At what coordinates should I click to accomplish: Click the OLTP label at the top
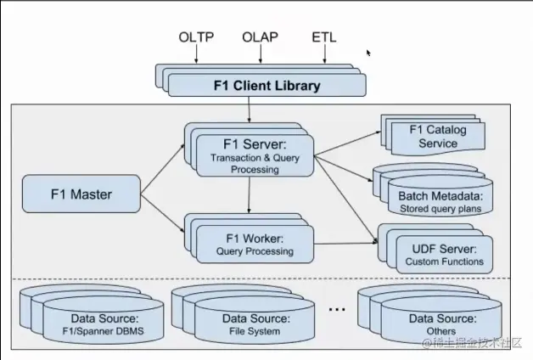(196, 37)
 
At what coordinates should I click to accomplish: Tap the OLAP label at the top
(260, 37)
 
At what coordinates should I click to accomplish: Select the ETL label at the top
(323, 37)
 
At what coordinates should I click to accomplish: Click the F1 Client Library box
(266, 86)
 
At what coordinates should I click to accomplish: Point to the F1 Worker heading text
(255, 237)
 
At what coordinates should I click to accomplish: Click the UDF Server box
(444, 254)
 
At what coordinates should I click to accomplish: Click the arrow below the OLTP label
(196, 54)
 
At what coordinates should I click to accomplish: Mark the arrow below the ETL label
(323, 54)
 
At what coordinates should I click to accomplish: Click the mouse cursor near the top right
(369, 53)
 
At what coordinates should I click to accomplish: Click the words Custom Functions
(445, 262)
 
